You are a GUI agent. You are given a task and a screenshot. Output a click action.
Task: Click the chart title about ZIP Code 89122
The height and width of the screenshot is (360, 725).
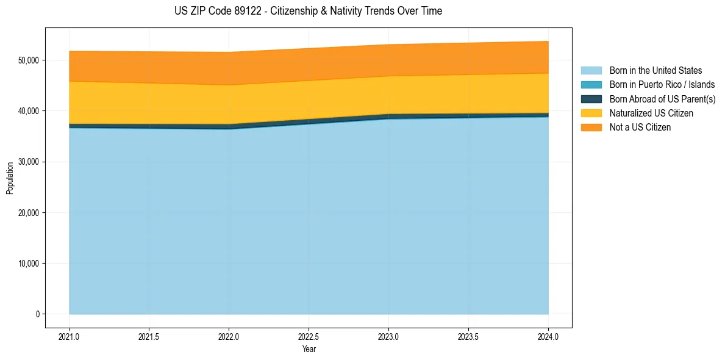(308, 11)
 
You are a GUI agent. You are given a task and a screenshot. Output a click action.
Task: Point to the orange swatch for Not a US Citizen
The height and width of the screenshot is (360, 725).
(591, 128)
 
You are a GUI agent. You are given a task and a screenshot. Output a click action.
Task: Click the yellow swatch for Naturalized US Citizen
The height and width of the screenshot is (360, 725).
(591, 113)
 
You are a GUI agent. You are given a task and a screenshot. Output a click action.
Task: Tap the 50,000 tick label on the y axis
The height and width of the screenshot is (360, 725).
(28, 60)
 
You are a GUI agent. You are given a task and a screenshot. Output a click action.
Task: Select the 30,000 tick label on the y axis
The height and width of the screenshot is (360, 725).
(28, 162)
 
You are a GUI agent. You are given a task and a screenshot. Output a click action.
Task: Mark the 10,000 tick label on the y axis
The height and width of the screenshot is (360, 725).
(28, 264)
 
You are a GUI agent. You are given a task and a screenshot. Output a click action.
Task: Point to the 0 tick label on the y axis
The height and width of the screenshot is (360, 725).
(37, 314)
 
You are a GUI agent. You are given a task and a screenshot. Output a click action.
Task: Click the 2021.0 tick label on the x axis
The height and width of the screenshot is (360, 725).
(70, 336)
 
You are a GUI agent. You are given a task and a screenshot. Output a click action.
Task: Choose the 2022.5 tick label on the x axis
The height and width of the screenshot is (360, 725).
(309, 336)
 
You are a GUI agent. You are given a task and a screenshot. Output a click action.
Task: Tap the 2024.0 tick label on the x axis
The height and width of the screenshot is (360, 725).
(548, 336)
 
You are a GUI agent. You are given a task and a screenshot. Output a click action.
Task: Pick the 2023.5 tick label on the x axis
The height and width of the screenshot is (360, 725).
(468, 336)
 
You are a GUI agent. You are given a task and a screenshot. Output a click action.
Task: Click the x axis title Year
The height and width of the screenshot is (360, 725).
(309, 349)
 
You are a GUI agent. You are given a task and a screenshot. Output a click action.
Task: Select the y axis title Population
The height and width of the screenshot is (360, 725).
(10, 178)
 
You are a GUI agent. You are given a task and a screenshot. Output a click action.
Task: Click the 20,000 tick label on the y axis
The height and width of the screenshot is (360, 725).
(28, 213)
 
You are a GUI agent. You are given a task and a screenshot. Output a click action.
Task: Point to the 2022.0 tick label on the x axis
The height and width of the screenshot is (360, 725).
(229, 336)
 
